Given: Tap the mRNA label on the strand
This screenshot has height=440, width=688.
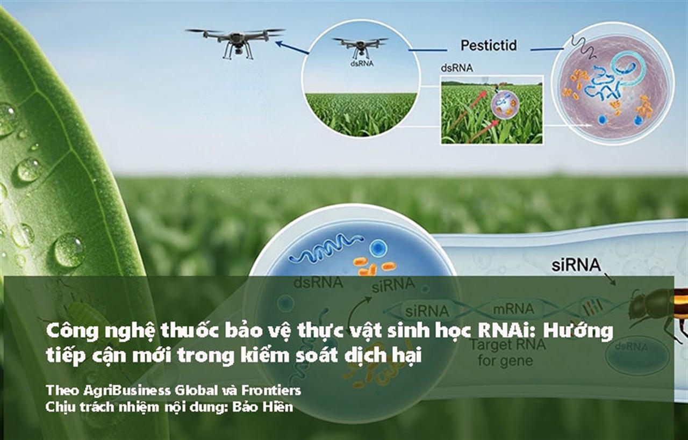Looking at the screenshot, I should coord(514,308).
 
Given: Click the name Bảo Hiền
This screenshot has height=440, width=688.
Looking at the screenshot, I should coord(263,407).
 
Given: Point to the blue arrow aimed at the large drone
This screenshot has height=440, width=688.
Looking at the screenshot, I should coord(292,47).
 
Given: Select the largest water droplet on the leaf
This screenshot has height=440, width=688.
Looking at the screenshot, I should coord(68,250).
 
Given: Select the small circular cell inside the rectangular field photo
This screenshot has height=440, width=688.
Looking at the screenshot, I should coord(506,104).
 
